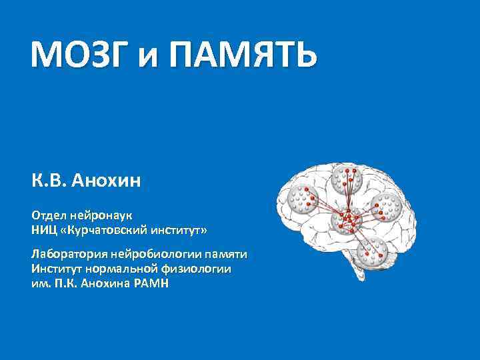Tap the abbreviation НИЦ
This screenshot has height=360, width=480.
click(x=44, y=230)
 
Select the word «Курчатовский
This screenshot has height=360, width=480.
click(x=105, y=230)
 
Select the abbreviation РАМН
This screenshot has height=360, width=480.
click(x=150, y=283)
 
